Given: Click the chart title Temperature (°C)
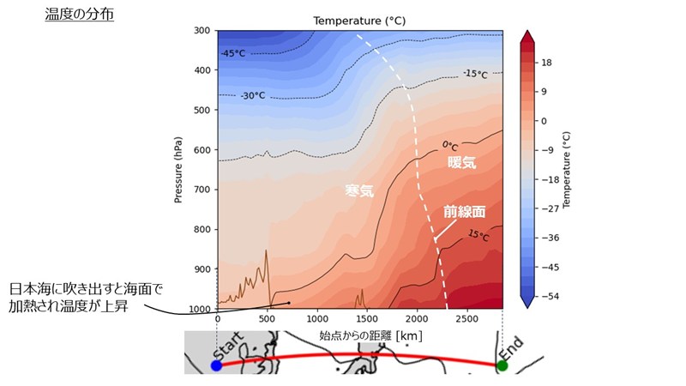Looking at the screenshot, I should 359,20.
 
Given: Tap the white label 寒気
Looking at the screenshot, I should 359,191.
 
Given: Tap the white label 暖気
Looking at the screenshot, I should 461,161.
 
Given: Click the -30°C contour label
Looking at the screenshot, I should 255,95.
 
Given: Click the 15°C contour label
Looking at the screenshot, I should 478,234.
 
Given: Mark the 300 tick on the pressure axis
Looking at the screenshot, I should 202,32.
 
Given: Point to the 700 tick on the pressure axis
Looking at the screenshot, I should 202,190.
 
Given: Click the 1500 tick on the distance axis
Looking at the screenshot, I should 367,317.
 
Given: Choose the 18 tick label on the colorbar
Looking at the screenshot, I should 546,62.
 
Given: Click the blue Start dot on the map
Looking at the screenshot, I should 216,365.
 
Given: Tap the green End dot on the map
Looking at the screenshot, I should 502,365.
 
